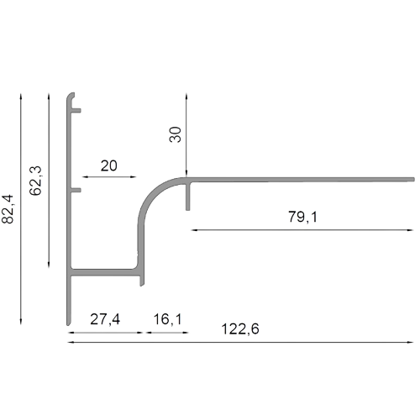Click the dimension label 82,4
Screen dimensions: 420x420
(x=8, y=209)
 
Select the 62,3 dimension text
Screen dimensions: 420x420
(x=35, y=181)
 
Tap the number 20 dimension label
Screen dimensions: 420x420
(x=109, y=165)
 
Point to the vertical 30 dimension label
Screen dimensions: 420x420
(x=176, y=134)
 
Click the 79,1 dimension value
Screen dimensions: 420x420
(x=303, y=217)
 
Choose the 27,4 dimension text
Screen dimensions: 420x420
(x=105, y=319)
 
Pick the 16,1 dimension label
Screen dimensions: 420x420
(x=167, y=319)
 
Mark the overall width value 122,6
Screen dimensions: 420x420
(x=240, y=328)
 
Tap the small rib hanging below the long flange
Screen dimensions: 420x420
(x=188, y=197)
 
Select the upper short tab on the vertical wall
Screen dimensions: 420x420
(x=76, y=111)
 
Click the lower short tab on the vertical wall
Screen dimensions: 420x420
(x=76, y=191)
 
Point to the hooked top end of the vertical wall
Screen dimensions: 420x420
(x=71, y=97)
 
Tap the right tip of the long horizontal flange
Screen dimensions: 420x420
(x=414, y=180)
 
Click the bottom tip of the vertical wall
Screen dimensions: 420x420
(x=69, y=325)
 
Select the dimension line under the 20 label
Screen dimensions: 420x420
(x=109, y=177)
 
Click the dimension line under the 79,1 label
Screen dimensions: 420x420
(x=302, y=230)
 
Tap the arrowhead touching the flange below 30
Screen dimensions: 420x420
(x=186, y=174)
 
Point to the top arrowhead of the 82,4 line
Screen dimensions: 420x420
(x=21, y=97)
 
